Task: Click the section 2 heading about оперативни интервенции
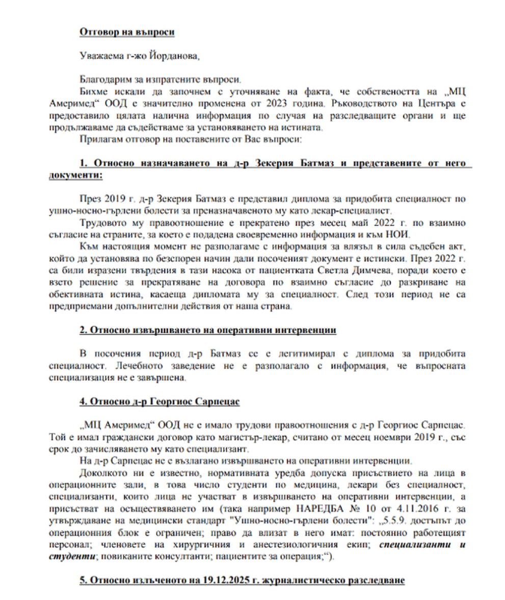[207, 330]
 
